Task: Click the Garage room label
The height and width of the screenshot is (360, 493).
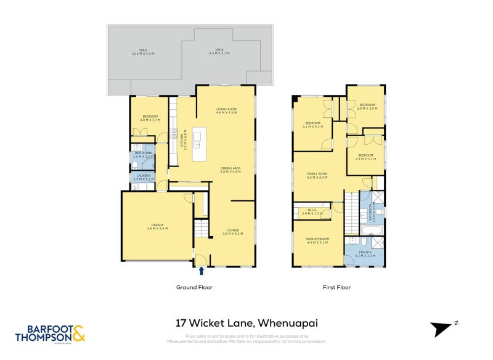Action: (x=157, y=227)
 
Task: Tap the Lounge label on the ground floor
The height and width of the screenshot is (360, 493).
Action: (x=232, y=232)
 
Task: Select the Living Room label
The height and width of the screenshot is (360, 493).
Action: (x=226, y=111)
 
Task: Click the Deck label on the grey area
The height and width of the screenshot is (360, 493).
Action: (x=219, y=52)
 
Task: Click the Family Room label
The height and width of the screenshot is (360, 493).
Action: (x=317, y=176)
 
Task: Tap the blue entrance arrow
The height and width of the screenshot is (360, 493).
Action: (x=202, y=270)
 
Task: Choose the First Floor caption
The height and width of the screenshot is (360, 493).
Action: (x=337, y=287)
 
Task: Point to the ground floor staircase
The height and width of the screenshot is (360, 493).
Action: (x=202, y=231)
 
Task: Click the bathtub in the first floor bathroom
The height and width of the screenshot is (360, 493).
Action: (x=372, y=230)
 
